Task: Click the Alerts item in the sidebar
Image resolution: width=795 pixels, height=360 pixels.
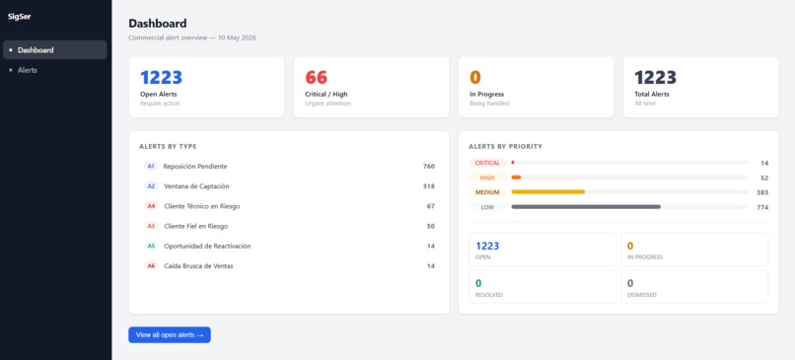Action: click(28, 70)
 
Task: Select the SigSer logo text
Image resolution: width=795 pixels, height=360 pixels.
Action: click(20, 16)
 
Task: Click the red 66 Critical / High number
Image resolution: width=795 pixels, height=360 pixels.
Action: click(317, 78)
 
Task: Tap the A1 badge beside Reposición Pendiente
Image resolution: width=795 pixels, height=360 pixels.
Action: click(151, 166)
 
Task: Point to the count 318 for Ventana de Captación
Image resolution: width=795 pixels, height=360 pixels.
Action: click(429, 186)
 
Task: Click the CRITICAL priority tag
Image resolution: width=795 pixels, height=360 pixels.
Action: click(487, 163)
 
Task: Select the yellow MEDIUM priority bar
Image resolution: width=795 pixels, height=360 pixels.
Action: click(548, 191)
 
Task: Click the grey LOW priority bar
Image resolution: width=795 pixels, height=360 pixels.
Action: click(586, 207)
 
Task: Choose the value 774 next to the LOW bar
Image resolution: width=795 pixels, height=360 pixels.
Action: click(762, 207)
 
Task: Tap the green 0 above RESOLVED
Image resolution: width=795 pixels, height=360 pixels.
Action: click(478, 283)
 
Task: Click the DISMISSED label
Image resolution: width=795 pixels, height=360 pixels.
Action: click(642, 295)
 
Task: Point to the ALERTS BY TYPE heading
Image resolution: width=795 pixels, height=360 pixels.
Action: click(168, 147)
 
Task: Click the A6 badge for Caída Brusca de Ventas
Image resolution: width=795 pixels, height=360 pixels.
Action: click(151, 265)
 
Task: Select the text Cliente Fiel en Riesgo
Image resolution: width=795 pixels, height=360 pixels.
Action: click(195, 226)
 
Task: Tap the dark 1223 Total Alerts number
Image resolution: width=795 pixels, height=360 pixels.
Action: click(656, 78)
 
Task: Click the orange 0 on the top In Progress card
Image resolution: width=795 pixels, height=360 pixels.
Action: click(475, 78)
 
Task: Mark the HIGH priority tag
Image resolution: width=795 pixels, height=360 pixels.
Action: click(487, 178)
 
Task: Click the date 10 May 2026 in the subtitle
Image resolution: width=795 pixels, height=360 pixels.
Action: click(237, 37)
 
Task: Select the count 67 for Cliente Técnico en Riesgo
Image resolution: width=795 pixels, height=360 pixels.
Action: click(431, 206)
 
